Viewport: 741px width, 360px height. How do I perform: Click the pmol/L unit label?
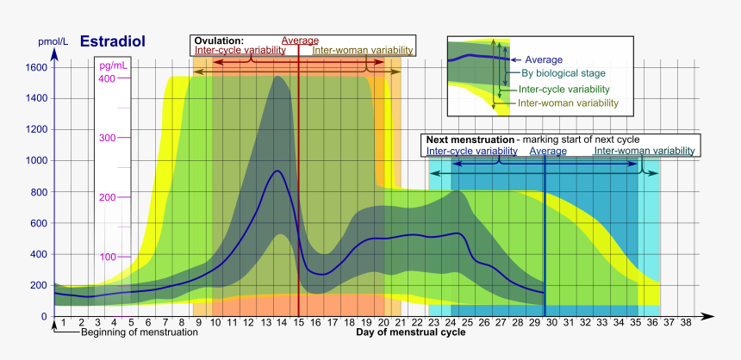53,41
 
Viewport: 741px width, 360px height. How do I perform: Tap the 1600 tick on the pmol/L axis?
36,67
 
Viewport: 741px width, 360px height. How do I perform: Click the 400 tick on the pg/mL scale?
107,78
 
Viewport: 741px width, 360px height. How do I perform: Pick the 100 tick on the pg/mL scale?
107,257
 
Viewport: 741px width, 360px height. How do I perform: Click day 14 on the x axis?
280,323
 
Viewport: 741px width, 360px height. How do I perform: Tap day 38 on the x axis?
686,323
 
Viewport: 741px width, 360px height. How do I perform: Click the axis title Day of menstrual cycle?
411,332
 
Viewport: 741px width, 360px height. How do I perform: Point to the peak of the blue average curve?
277,171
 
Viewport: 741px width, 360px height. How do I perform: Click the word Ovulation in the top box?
219,40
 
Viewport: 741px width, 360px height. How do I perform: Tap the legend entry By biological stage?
563,73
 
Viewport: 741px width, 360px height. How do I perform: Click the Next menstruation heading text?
469,140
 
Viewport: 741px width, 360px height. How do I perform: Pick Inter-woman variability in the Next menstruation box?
644,151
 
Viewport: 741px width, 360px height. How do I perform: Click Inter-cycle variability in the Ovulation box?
240,51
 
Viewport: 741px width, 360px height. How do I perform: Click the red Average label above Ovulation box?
300,40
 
